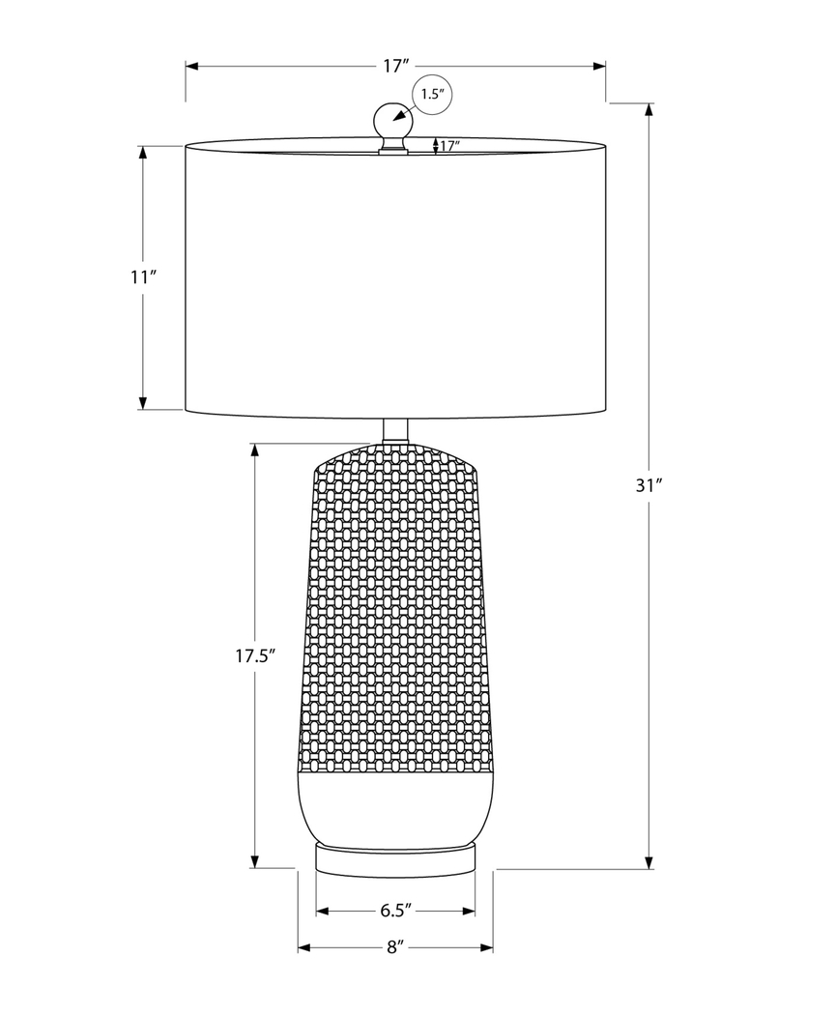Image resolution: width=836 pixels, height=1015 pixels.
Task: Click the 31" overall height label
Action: pos(648,486)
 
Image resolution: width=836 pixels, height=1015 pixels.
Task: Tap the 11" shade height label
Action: pos(143,277)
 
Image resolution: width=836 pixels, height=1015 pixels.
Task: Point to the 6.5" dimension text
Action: pos(396,910)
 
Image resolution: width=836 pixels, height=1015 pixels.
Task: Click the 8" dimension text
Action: pos(394,947)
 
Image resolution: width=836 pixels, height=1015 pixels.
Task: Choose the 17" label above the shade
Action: pos(395,67)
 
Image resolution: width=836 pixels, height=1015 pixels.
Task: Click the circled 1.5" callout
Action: pos(431,94)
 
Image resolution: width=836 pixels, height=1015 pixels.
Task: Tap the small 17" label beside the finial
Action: pos(449,146)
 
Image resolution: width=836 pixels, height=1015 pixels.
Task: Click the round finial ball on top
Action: pos(392,121)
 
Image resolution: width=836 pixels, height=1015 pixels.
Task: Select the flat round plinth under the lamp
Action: pos(395,856)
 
